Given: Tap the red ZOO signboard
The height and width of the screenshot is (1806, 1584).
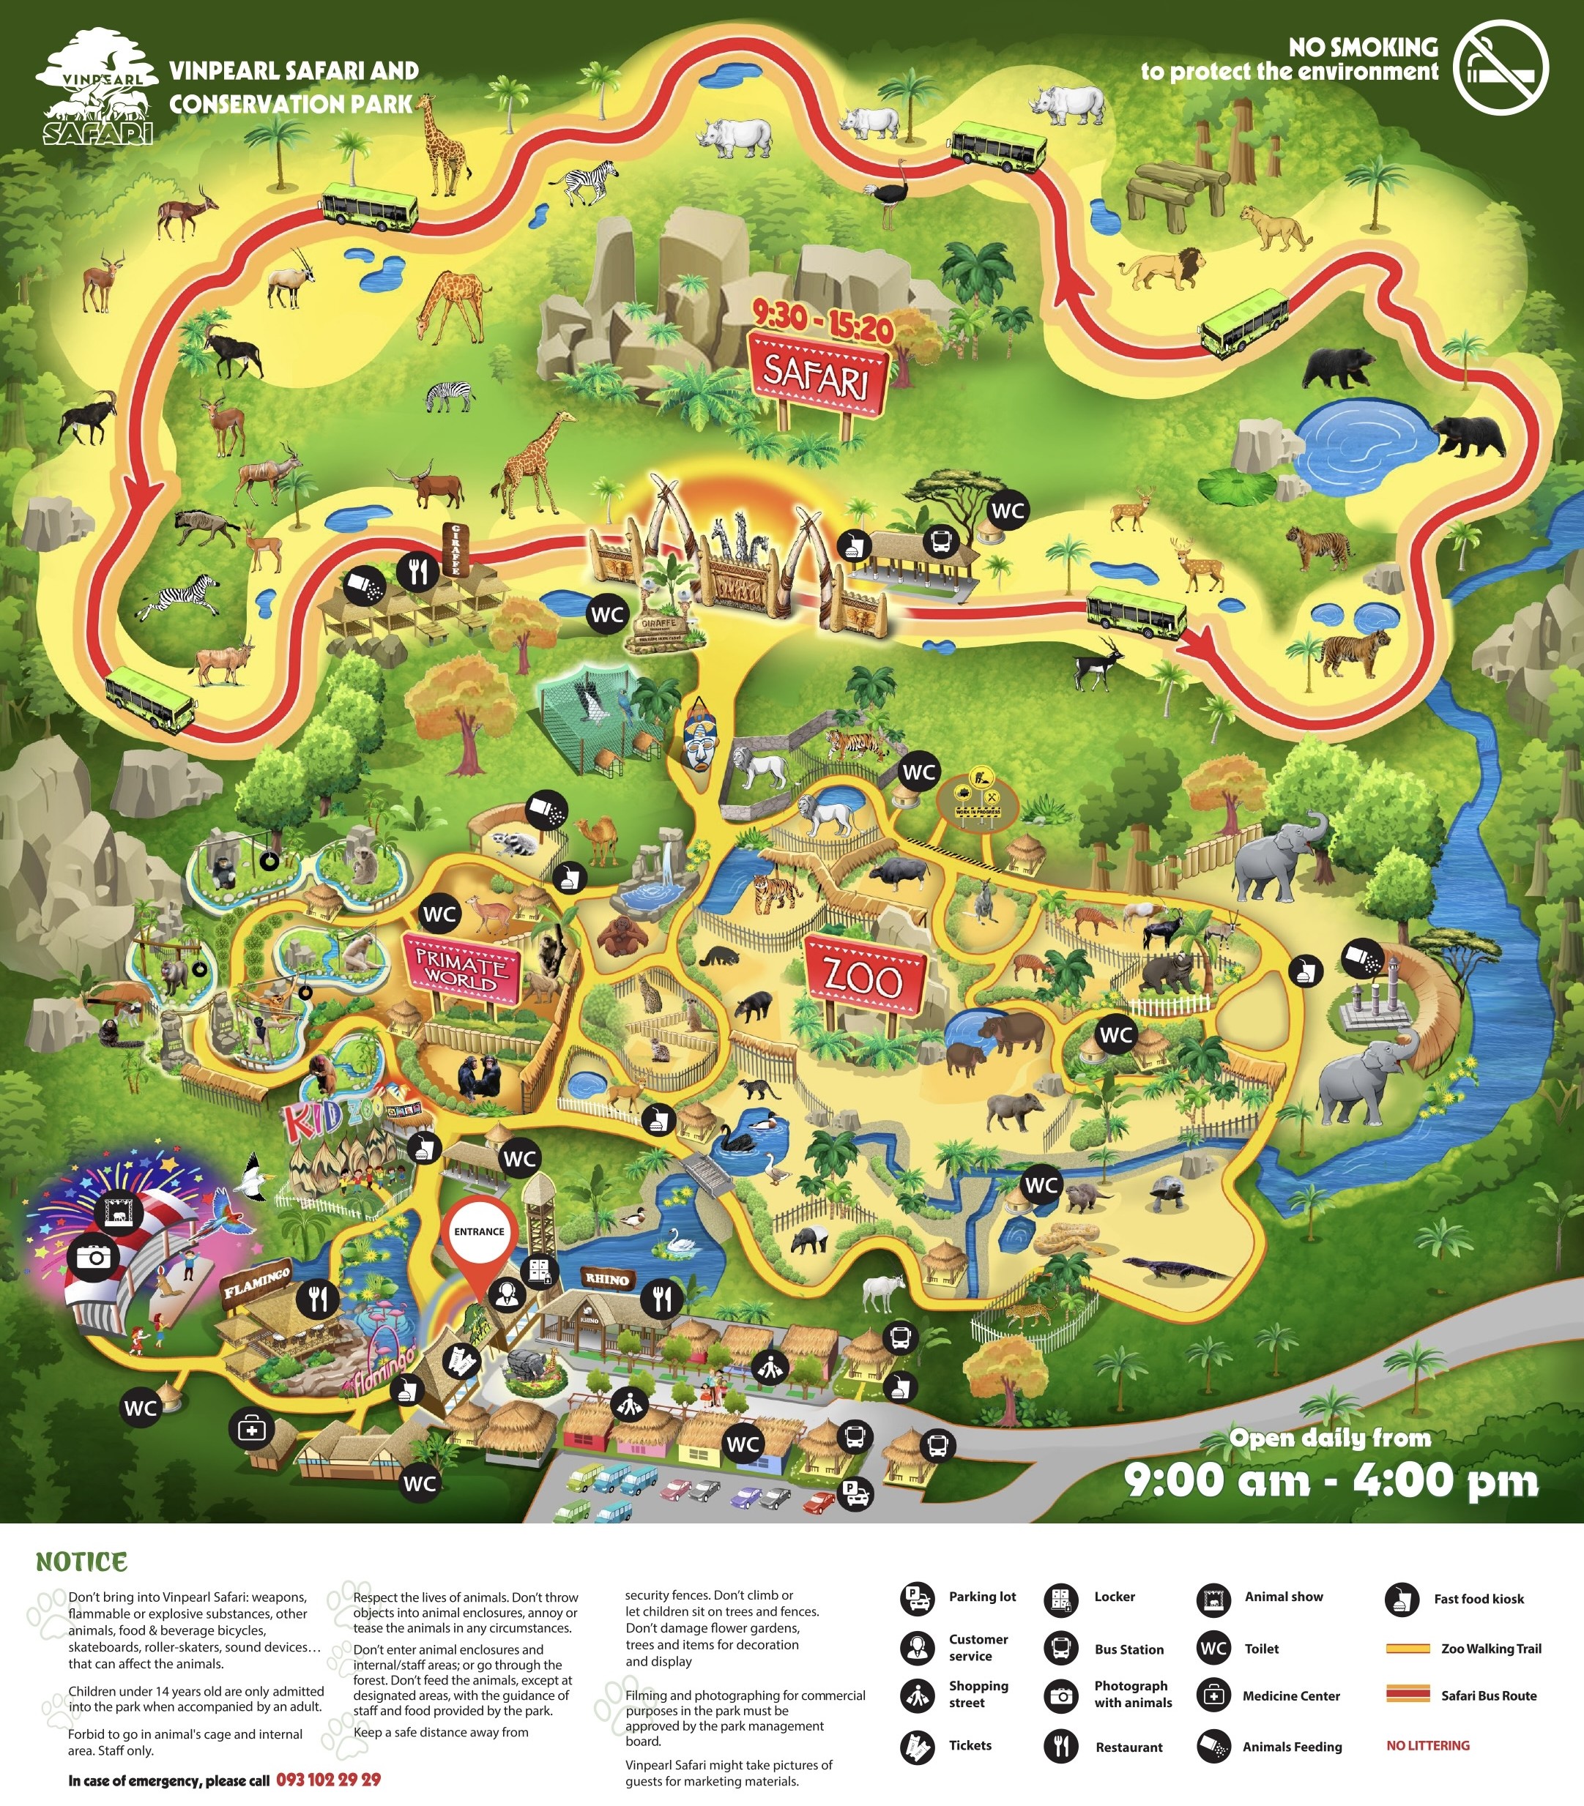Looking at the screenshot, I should [863, 978].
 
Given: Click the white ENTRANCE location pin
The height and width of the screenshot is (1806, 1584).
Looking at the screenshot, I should [479, 1231].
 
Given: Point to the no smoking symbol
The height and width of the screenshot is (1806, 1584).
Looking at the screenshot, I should [1501, 68].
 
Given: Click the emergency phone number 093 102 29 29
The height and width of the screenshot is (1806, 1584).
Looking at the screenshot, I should [328, 1780].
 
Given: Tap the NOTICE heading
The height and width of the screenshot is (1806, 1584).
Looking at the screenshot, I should [81, 1561].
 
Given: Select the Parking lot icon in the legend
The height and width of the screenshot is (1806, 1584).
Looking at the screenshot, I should [918, 1597].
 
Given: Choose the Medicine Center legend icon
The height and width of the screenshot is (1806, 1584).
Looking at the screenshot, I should [1213, 1695].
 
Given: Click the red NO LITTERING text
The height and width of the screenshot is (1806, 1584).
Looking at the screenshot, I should [1427, 1745].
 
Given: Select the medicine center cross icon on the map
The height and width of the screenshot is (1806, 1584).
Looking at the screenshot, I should [251, 1429].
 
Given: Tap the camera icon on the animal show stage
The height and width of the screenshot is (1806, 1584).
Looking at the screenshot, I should [94, 1256].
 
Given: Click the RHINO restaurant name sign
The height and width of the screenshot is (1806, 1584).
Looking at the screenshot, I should [607, 1278].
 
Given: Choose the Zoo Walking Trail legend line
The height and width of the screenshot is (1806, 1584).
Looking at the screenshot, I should [1408, 1648].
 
